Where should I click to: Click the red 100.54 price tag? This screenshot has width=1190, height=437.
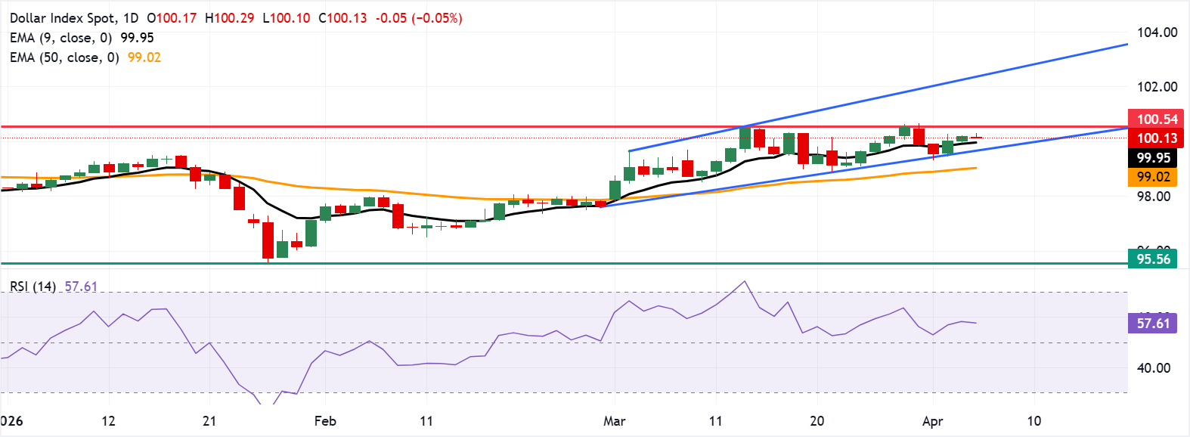[1157, 119]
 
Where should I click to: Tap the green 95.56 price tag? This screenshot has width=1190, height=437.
[1153, 259]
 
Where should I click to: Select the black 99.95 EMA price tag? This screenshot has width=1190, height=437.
[1153, 158]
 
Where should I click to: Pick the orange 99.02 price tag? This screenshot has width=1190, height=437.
[1153, 177]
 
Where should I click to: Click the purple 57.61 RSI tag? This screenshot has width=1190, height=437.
[1153, 324]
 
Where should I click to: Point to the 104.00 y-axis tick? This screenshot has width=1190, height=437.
[1157, 33]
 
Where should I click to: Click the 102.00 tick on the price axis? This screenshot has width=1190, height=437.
[1157, 87]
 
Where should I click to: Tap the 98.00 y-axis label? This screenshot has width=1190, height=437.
[1153, 197]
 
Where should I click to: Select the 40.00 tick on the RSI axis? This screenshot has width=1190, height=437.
[1153, 368]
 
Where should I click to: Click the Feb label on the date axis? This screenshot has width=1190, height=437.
[324, 421]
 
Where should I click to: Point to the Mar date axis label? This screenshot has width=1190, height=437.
[614, 421]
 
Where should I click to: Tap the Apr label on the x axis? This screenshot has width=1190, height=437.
[932, 421]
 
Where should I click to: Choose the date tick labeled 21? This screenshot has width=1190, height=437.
[209, 421]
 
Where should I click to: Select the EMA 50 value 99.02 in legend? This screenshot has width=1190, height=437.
[144, 57]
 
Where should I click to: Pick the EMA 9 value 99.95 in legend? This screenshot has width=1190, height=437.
[137, 38]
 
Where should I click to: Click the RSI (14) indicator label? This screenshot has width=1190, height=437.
[33, 287]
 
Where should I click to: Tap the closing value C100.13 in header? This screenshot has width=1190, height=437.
[342, 17]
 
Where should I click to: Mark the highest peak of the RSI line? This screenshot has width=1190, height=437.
[745, 281]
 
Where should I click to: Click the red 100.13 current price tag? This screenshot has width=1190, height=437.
[1157, 138]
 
